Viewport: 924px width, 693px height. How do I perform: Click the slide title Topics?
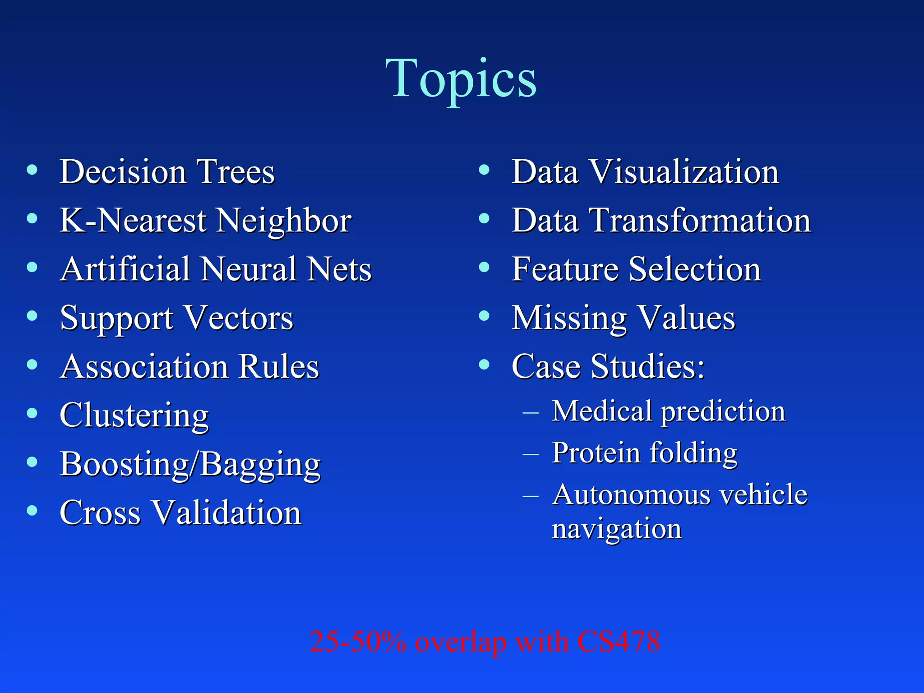pyautogui.click(x=461, y=79)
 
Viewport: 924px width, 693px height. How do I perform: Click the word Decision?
pyautogui.click(x=123, y=172)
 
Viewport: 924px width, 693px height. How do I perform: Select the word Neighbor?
pyautogui.click(x=284, y=221)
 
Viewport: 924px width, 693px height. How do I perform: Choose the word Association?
pyautogui.click(x=144, y=366)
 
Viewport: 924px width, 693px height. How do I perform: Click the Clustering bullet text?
pyautogui.click(x=134, y=415)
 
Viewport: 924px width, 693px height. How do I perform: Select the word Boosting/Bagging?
pyautogui.click(x=190, y=464)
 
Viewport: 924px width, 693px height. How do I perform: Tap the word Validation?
pyautogui.click(x=226, y=513)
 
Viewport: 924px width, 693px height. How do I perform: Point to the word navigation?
pyautogui.click(x=617, y=529)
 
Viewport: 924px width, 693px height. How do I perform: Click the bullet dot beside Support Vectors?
pyautogui.click(x=32, y=315)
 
